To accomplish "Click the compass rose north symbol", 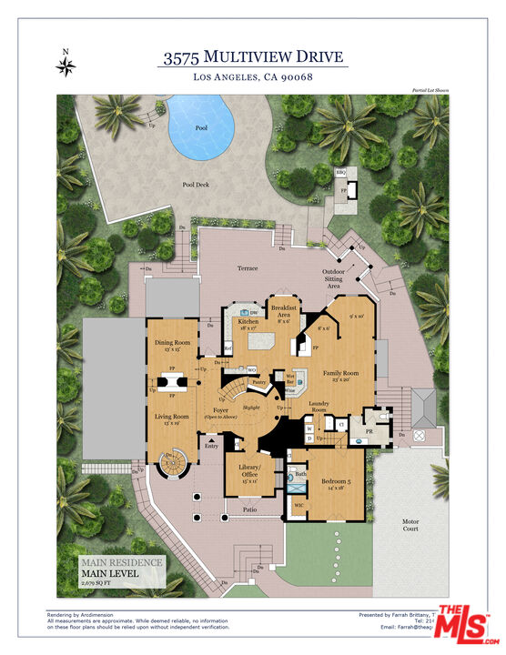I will [x=66, y=65].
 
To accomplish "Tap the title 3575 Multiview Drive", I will [x=253, y=57].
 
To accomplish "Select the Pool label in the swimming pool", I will [x=201, y=128].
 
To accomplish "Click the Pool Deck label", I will [x=196, y=185].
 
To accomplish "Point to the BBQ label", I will [x=341, y=171].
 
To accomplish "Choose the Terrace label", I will [x=248, y=268].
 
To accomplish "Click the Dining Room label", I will [x=170, y=343].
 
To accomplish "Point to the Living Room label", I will [x=170, y=418].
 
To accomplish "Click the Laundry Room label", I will [x=319, y=408].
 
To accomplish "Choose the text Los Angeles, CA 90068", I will [x=253, y=77].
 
